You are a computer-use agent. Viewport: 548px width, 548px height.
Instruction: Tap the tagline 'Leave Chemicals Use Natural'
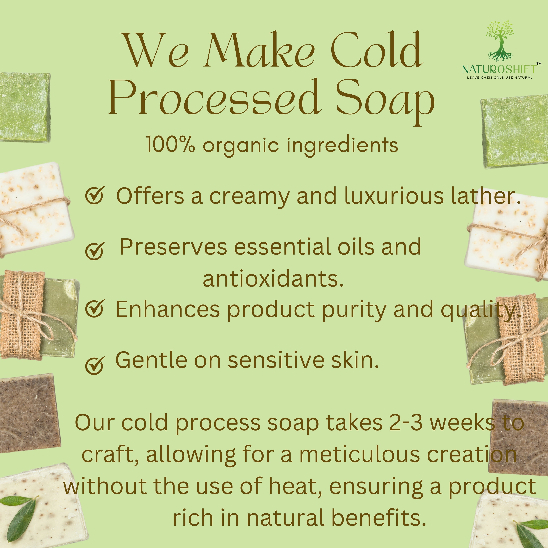pos(500,77)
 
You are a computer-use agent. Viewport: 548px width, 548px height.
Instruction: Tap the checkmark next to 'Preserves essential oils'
pos(95,251)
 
